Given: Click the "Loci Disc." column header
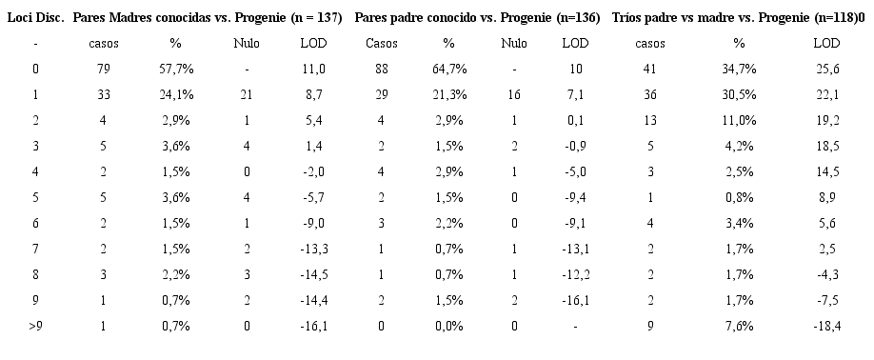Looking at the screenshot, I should (x=35, y=18).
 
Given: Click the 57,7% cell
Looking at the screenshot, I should (x=175, y=69).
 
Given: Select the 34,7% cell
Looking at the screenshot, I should (x=739, y=69).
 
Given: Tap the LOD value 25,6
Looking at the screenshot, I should (x=826, y=69).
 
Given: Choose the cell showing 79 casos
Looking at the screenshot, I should (x=104, y=69).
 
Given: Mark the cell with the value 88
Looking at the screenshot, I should (x=382, y=69).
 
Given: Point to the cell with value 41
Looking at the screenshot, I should (x=649, y=69).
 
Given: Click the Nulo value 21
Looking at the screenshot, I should (x=247, y=94).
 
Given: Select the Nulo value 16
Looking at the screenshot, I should (x=514, y=94).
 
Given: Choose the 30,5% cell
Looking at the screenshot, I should (x=739, y=94).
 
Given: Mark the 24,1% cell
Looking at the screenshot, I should (x=175, y=94).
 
